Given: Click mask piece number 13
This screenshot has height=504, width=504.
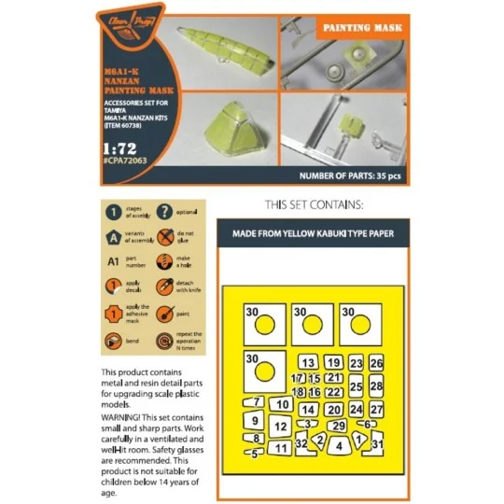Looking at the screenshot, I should (x=307, y=362).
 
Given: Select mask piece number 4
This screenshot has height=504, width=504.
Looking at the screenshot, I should (x=340, y=446).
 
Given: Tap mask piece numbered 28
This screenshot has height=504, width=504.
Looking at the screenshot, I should (x=376, y=385).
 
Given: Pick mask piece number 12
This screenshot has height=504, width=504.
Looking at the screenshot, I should (x=280, y=427).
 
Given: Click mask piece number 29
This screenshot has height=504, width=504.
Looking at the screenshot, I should (x=339, y=427).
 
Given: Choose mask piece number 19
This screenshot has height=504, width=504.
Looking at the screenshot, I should (x=333, y=362).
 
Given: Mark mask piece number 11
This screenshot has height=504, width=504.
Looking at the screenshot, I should (x=280, y=449).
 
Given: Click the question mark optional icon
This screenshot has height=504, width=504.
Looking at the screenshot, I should (x=164, y=211).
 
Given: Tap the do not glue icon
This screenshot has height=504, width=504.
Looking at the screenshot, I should (x=164, y=237).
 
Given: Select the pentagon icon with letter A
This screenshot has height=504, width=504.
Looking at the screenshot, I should (x=113, y=237).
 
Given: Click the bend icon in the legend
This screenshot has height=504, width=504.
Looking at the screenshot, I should (x=113, y=342).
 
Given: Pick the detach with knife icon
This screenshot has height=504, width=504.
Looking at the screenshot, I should (x=164, y=289).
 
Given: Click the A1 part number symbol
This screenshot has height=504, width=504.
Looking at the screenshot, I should (x=113, y=263).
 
